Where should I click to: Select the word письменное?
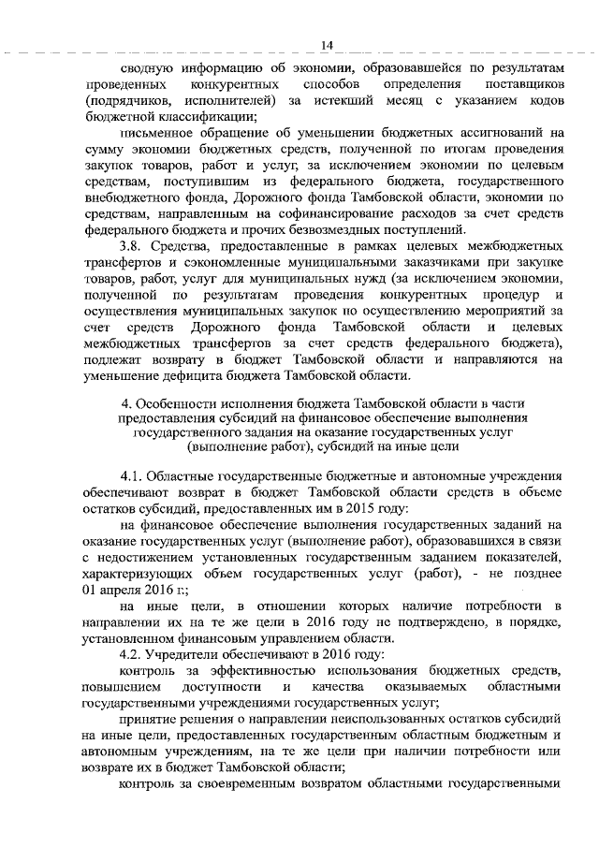[156, 134]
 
